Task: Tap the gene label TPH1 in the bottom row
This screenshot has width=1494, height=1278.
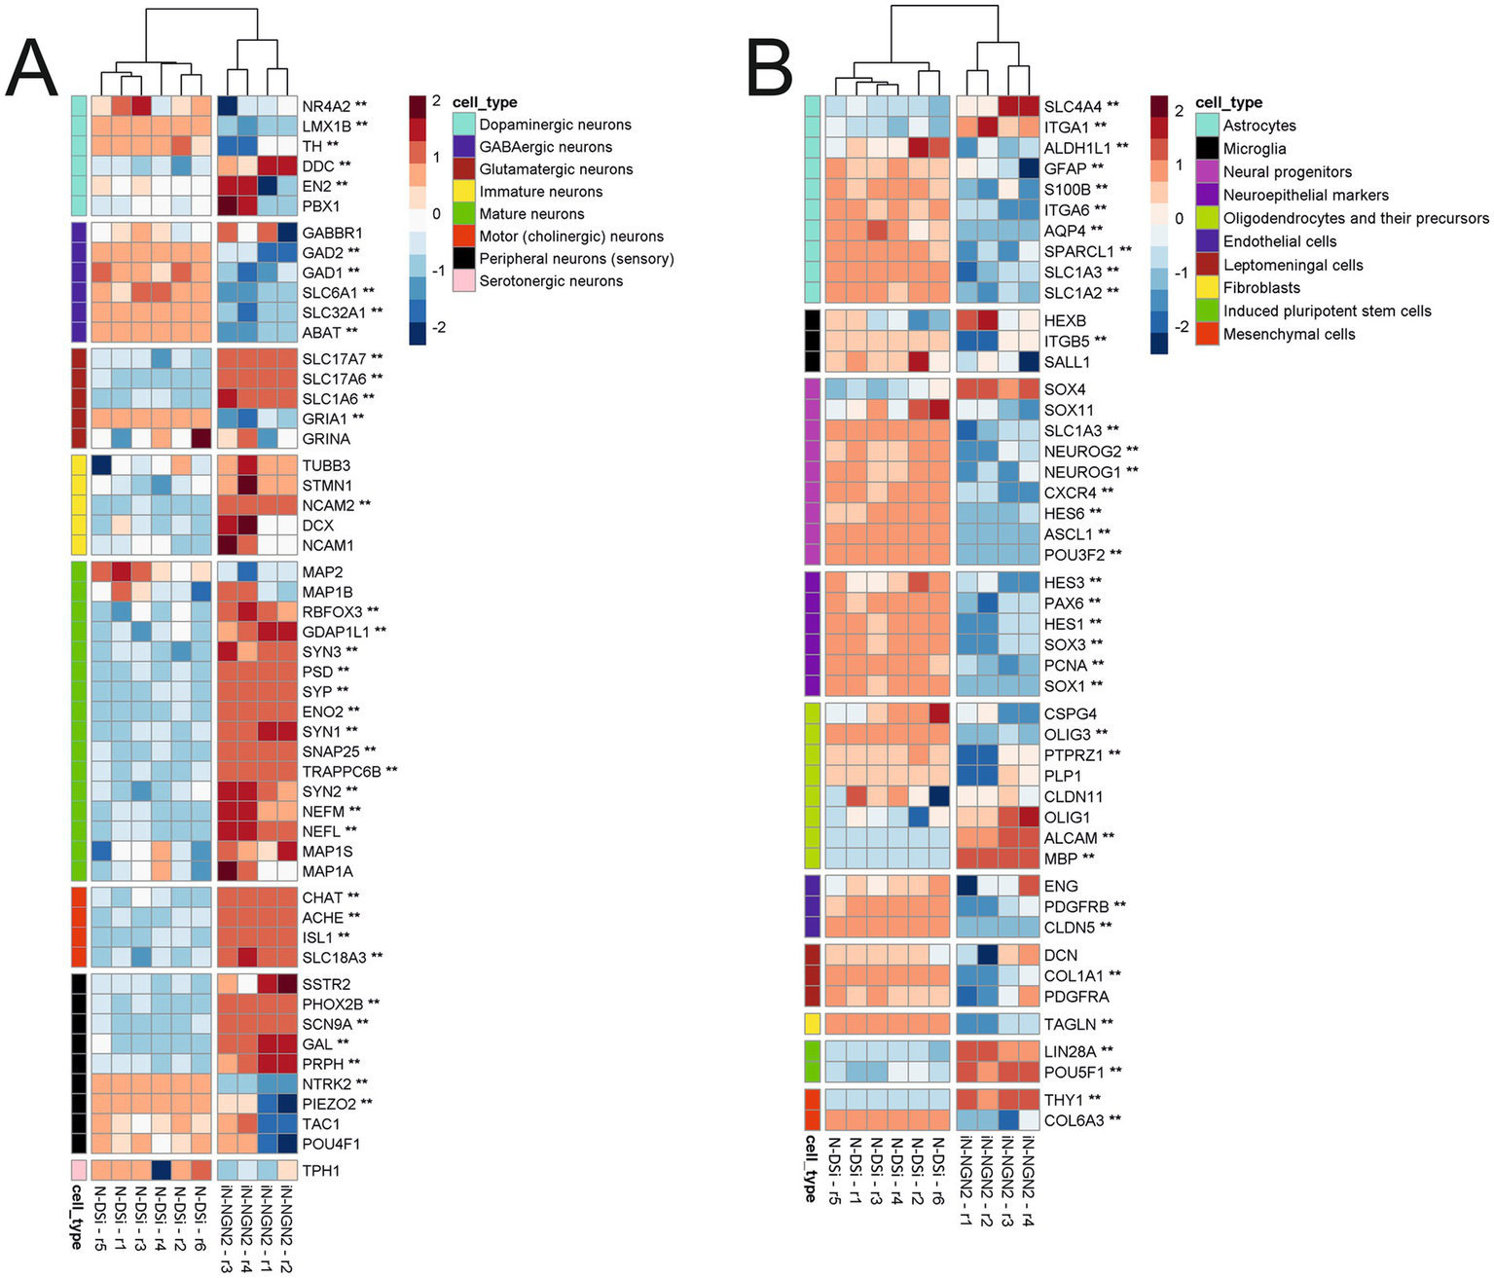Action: tap(321, 1171)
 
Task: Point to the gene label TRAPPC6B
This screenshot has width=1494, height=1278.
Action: tap(342, 771)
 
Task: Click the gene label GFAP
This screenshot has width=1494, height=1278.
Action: tap(1065, 168)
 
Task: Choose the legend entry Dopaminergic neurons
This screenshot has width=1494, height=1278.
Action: tap(555, 125)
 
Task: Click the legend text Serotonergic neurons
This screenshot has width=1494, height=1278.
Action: tap(551, 281)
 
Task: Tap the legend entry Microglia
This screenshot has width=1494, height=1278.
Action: tap(1255, 149)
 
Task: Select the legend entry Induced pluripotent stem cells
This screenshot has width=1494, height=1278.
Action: tap(1327, 311)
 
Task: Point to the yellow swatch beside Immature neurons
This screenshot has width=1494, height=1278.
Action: tap(464, 192)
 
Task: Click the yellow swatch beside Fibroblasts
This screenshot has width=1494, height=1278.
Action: tap(1207, 288)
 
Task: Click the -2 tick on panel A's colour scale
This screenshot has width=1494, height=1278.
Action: tap(438, 327)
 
